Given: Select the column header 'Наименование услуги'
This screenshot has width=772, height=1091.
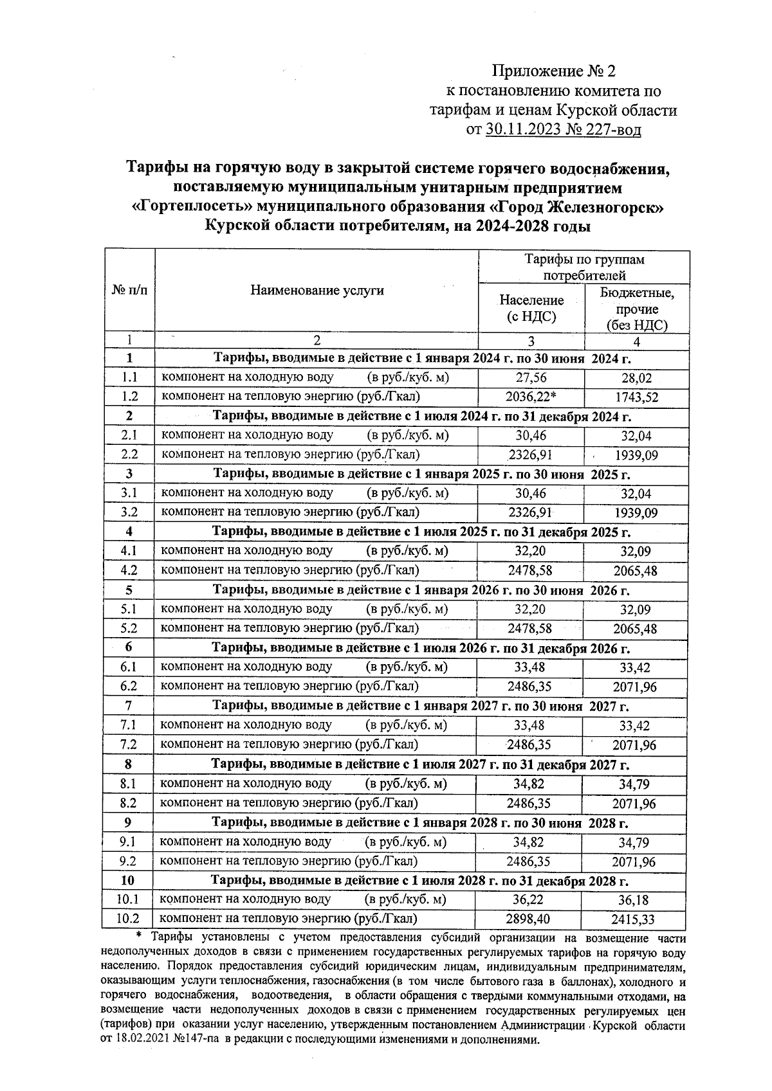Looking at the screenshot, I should tap(317, 291).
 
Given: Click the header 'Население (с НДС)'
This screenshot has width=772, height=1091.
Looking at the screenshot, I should tap(531, 308).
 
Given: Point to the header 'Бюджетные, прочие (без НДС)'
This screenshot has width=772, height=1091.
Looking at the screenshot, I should tap(637, 309).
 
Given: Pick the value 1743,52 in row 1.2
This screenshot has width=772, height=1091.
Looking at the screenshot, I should tap(636, 398).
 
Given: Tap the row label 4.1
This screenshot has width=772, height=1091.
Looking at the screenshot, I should tap(129, 551).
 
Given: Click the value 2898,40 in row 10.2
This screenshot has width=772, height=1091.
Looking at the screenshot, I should tap(529, 919).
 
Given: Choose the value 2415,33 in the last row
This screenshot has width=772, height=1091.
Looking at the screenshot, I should tap(633, 920).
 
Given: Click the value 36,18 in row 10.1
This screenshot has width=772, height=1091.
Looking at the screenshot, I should tap(634, 900).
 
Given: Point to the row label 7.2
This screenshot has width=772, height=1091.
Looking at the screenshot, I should tap(129, 744).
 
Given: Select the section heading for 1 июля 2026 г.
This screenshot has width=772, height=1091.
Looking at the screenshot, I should tap(421, 648).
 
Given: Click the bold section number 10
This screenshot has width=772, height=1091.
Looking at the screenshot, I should tap(128, 880).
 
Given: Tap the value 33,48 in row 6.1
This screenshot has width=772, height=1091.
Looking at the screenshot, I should tap(530, 667).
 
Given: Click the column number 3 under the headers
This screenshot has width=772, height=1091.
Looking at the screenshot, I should tap(531, 341).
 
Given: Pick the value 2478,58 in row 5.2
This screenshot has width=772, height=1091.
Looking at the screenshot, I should tap(530, 628).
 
